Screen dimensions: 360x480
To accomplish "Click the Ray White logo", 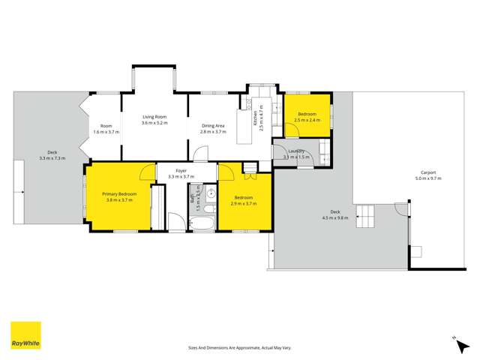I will tap(25, 336).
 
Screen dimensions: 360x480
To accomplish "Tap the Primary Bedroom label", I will tap(120, 194).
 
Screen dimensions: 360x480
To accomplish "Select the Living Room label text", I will tap(155, 117).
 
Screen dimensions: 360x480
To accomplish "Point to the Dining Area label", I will tap(213, 125).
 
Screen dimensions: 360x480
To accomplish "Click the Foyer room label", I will tap(181, 170).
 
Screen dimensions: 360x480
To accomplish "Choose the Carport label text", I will tap(430, 172).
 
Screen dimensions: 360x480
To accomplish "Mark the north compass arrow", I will tap(455, 339).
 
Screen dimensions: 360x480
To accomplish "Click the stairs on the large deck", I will tap(366, 216).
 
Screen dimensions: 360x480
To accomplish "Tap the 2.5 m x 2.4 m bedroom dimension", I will tap(307, 120).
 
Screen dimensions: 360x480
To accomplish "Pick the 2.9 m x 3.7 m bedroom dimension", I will tap(244, 203).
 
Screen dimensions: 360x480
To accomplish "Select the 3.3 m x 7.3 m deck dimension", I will tap(52, 158).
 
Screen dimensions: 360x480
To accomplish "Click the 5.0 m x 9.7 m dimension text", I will tap(430, 178).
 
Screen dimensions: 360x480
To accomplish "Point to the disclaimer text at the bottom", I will tap(240, 348).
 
